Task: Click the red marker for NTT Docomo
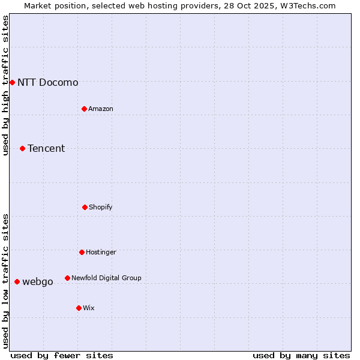point(12,82)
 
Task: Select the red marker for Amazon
point(84,109)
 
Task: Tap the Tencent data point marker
point(22,148)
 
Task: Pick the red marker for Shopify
point(85,207)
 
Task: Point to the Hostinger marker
point(82,252)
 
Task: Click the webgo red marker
point(17,281)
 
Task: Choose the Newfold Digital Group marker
point(67,278)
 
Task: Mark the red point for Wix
point(79,308)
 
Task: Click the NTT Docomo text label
point(47,82)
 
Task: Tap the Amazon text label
point(100,109)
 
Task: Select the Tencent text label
point(46,148)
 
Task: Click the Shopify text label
point(100,207)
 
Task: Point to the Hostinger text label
point(101,252)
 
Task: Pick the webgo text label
point(37,281)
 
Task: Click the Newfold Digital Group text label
point(106,278)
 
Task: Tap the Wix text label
point(88,308)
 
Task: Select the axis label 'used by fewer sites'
point(62,355)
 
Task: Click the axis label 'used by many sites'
point(301,355)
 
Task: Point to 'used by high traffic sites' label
point(5,85)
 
